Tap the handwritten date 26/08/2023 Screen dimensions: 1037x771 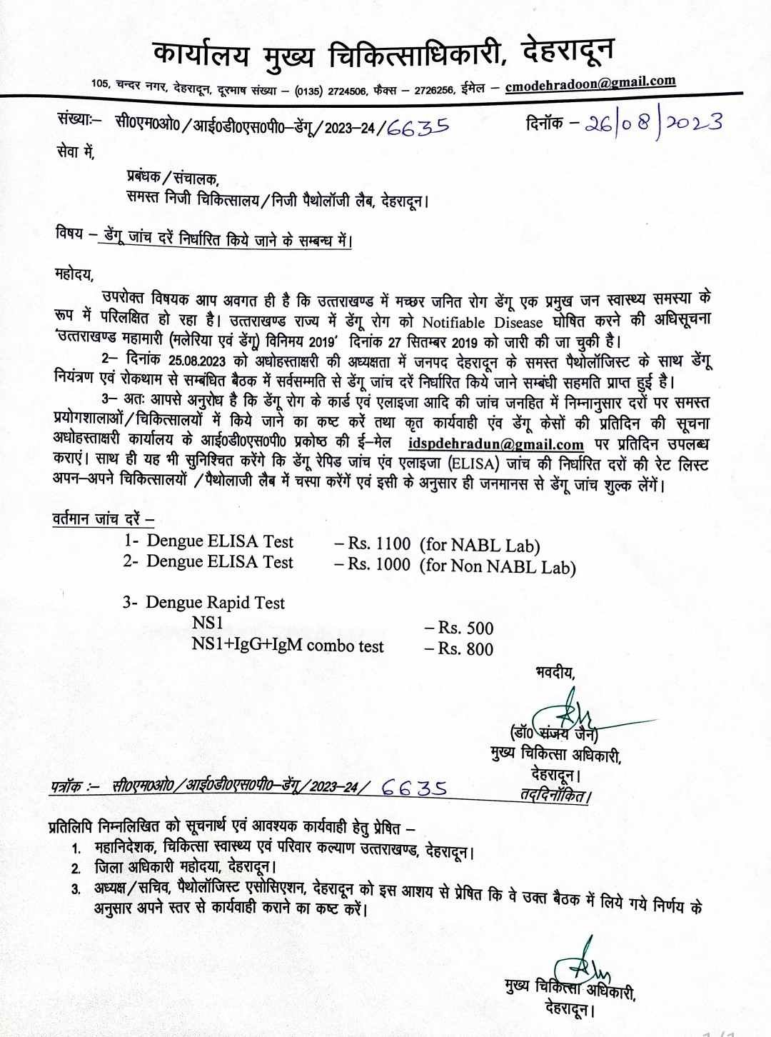click(x=652, y=122)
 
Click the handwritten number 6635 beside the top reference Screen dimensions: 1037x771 click(x=418, y=126)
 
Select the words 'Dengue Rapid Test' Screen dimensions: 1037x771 click(x=215, y=603)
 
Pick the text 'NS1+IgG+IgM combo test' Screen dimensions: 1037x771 click(x=288, y=646)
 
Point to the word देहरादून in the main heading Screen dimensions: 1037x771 click(x=568, y=52)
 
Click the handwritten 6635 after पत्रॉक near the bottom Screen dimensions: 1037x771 click(x=415, y=788)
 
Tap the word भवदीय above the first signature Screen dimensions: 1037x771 click(x=554, y=672)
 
